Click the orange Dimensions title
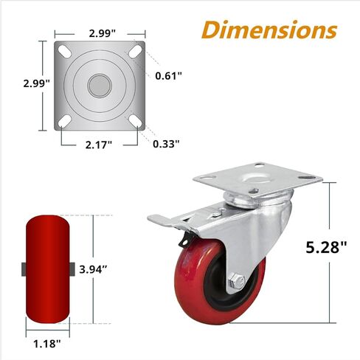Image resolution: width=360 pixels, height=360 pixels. click(x=269, y=30)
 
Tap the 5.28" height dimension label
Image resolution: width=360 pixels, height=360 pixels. click(x=326, y=247)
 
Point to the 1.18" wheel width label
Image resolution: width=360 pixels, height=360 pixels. click(x=47, y=344)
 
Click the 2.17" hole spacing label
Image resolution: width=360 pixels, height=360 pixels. click(x=99, y=145)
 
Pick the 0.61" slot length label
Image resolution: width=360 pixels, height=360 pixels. click(x=169, y=76)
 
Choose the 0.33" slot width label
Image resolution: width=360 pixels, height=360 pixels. click(x=166, y=144)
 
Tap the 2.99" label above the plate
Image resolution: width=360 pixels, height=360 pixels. click(x=103, y=33)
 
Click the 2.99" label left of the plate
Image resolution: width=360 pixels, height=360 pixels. click(x=37, y=83)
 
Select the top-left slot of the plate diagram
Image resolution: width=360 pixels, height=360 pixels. click(x=65, y=51)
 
